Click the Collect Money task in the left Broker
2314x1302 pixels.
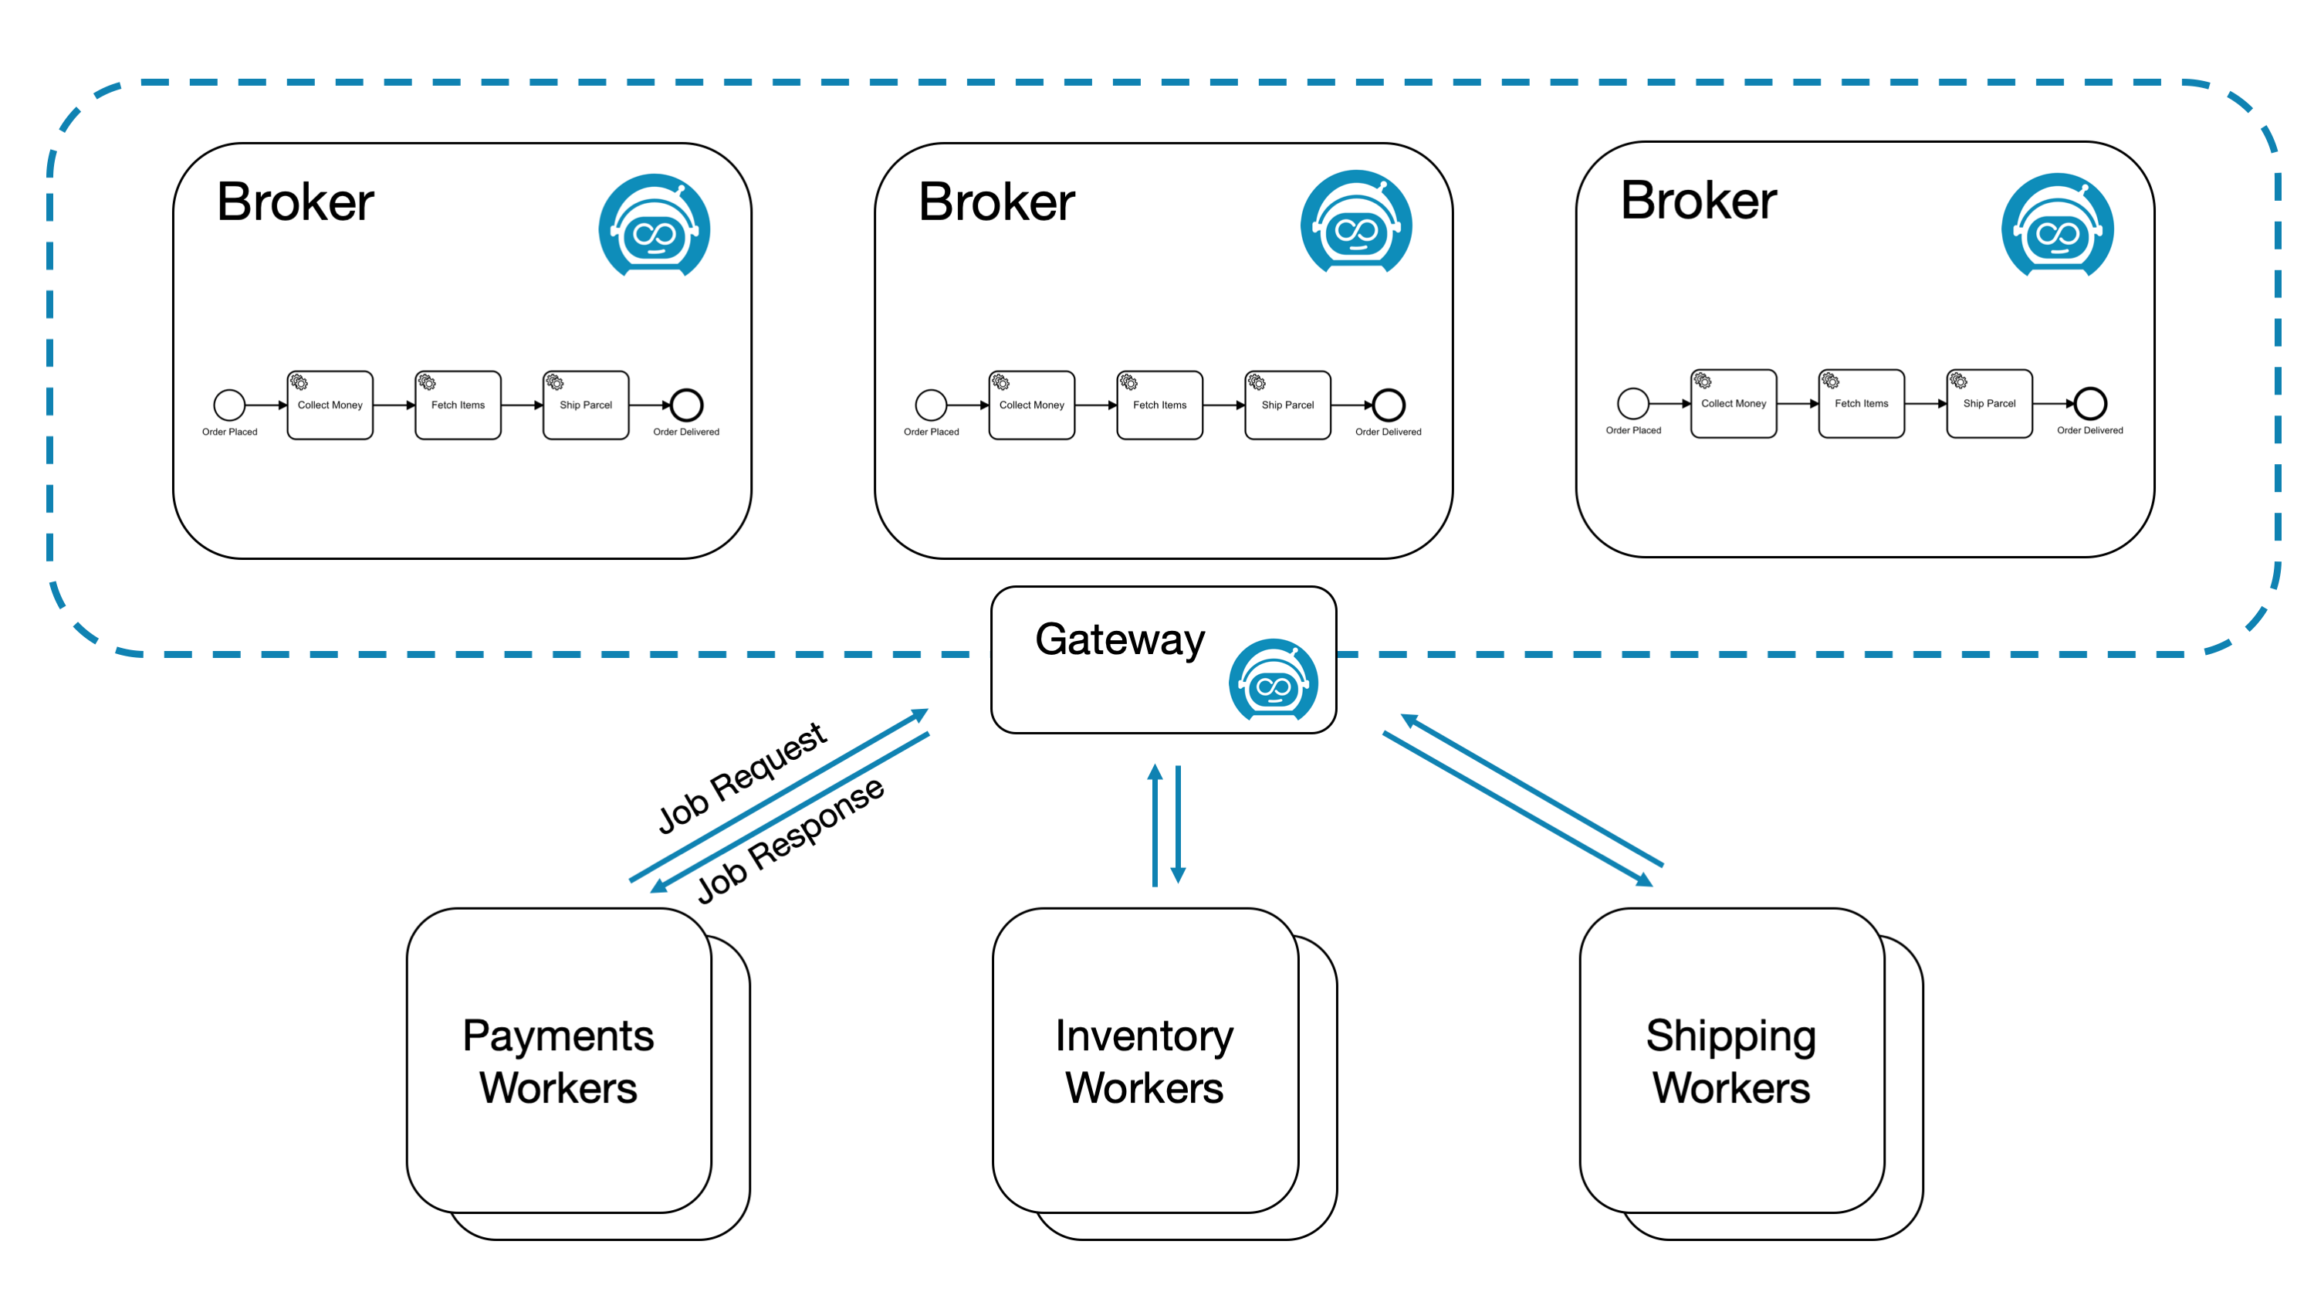(x=330, y=405)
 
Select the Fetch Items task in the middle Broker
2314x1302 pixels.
(x=1159, y=405)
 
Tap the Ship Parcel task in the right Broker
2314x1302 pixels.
(x=1989, y=403)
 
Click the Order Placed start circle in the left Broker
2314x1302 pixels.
(x=229, y=405)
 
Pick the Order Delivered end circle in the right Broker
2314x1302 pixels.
(x=2089, y=403)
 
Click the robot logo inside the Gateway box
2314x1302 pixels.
(x=1273, y=680)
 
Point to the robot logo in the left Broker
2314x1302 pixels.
(x=654, y=226)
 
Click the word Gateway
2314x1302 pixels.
(x=1119, y=639)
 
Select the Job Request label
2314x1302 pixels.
(x=742, y=778)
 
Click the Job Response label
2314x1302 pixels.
(x=790, y=840)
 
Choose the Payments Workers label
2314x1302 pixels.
(x=558, y=1061)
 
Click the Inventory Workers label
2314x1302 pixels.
(x=1145, y=1061)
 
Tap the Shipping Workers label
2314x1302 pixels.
(x=1731, y=1061)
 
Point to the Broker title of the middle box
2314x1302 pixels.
(x=996, y=202)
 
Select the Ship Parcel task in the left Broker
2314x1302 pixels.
(x=586, y=405)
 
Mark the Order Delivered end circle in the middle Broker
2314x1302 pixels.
(x=1388, y=405)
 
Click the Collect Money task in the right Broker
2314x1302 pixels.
(x=1733, y=403)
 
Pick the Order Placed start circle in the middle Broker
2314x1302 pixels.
(x=931, y=405)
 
